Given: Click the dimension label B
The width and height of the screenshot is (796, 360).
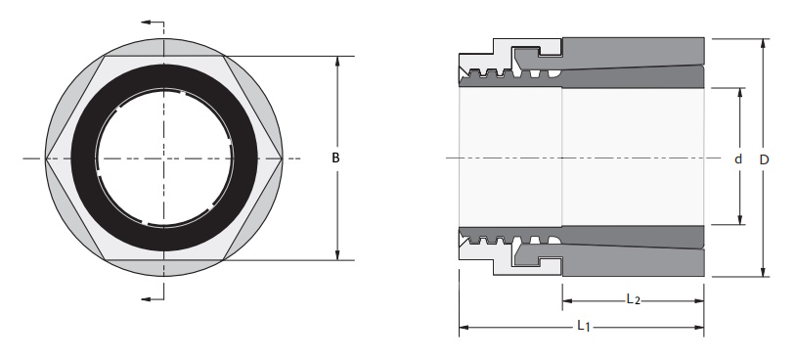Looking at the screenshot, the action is (x=335, y=157).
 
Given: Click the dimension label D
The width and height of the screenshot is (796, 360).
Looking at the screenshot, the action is (x=764, y=159).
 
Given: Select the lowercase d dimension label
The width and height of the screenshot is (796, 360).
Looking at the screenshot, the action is (x=738, y=158).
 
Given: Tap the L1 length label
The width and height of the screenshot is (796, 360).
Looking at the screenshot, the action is (x=583, y=326).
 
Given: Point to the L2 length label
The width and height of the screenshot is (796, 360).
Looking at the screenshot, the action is (x=633, y=299).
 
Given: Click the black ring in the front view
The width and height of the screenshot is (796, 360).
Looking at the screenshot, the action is (x=82, y=157).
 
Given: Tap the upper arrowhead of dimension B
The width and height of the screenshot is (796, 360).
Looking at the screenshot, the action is (x=337, y=62).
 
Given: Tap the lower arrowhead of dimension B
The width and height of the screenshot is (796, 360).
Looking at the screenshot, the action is (x=337, y=255).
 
